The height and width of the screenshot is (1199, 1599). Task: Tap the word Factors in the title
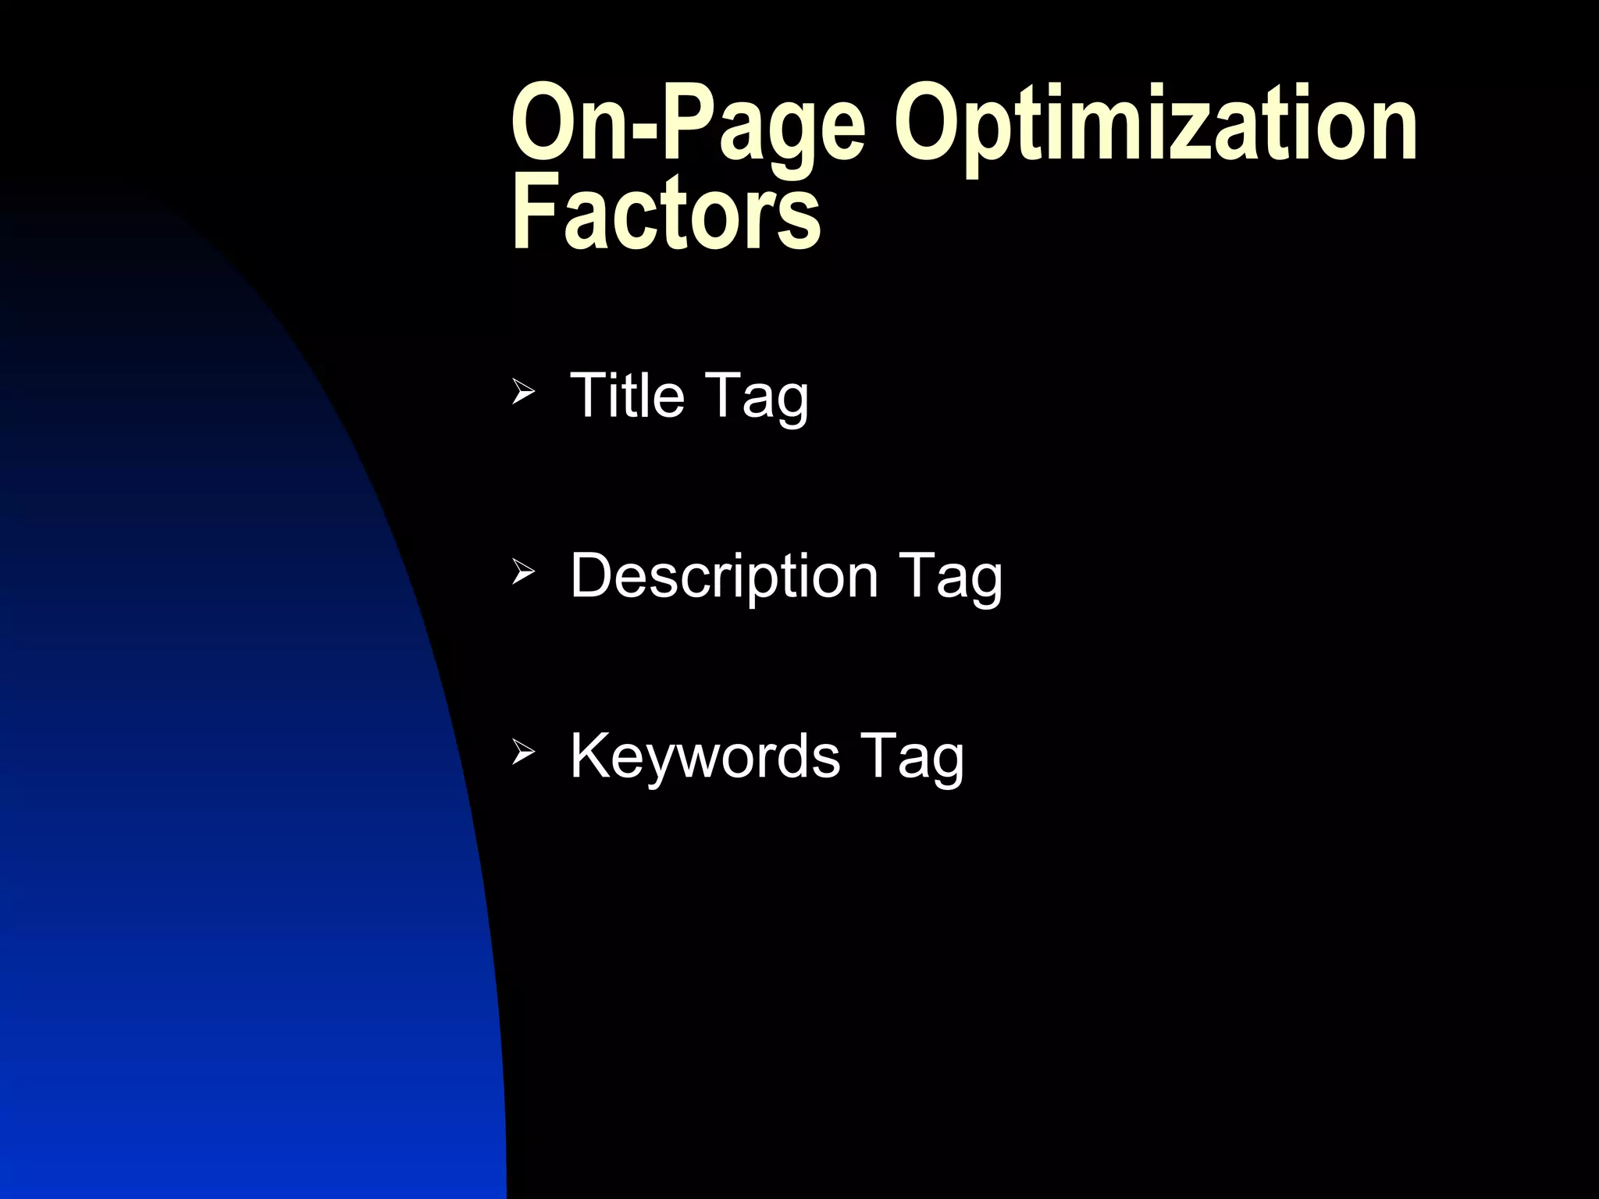coord(665,212)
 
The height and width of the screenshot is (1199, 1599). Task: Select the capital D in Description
coord(595,576)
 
